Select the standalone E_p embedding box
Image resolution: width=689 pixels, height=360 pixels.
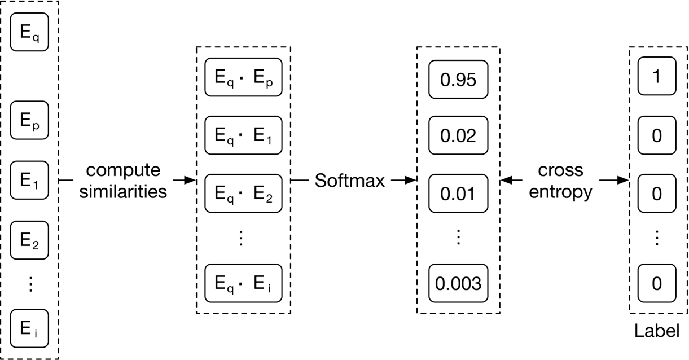(x=30, y=120)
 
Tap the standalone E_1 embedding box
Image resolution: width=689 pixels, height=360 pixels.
(x=30, y=180)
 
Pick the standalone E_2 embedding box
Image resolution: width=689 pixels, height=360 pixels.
(x=30, y=240)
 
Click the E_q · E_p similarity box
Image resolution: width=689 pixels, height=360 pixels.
(x=243, y=77)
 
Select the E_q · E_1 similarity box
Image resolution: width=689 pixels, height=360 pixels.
(x=243, y=135)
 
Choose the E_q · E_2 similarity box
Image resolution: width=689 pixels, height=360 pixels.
(x=243, y=194)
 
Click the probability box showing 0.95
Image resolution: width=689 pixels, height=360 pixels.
(x=458, y=79)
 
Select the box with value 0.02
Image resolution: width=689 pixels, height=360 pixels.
(x=458, y=135)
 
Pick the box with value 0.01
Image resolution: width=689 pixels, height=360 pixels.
(x=458, y=194)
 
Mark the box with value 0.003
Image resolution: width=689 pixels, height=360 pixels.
(x=458, y=283)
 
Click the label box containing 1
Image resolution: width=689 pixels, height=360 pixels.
(x=656, y=76)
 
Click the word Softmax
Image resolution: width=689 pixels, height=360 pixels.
(x=350, y=181)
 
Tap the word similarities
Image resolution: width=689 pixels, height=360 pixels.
(x=124, y=192)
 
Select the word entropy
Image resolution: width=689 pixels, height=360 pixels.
(x=560, y=192)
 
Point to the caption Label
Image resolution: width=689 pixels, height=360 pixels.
(x=657, y=331)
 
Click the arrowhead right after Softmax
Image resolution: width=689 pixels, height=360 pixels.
(x=411, y=181)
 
